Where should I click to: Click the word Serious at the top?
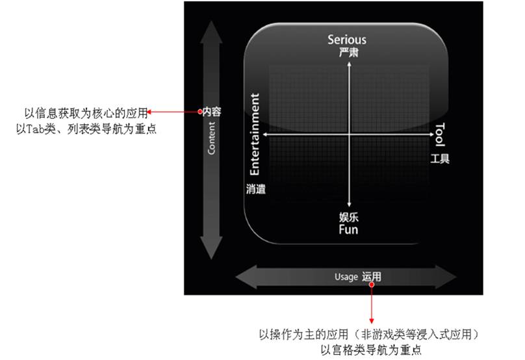point(348,40)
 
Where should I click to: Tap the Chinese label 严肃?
point(348,52)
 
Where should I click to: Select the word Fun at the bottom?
point(348,229)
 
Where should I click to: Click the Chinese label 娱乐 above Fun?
point(348,217)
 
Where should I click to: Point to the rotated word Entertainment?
point(255,135)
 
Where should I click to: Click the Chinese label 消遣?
point(256,189)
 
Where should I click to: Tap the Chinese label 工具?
point(440,159)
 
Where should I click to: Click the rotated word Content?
point(212,137)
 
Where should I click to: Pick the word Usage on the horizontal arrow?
point(346,277)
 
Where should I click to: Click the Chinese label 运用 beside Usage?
point(372,277)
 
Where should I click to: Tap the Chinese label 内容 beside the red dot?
point(212,112)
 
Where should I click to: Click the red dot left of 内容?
point(200,112)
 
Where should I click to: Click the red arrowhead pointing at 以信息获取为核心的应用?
point(151,112)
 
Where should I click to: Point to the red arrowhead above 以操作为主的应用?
point(372,320)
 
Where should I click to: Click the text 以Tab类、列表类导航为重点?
point(86,129)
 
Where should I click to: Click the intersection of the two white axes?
point(350,135)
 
